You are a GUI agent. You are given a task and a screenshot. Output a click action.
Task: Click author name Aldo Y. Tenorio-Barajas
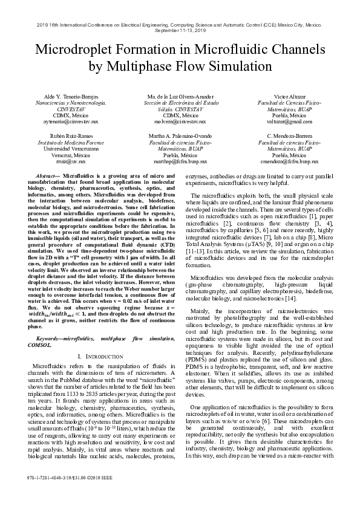coord(70,97)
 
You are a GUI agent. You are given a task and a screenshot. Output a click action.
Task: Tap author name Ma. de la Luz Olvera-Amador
coord(180,97)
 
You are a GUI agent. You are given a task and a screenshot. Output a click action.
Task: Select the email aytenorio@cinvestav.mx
coord(70,122)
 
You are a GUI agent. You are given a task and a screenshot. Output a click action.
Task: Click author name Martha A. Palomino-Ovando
coord(180,137)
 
